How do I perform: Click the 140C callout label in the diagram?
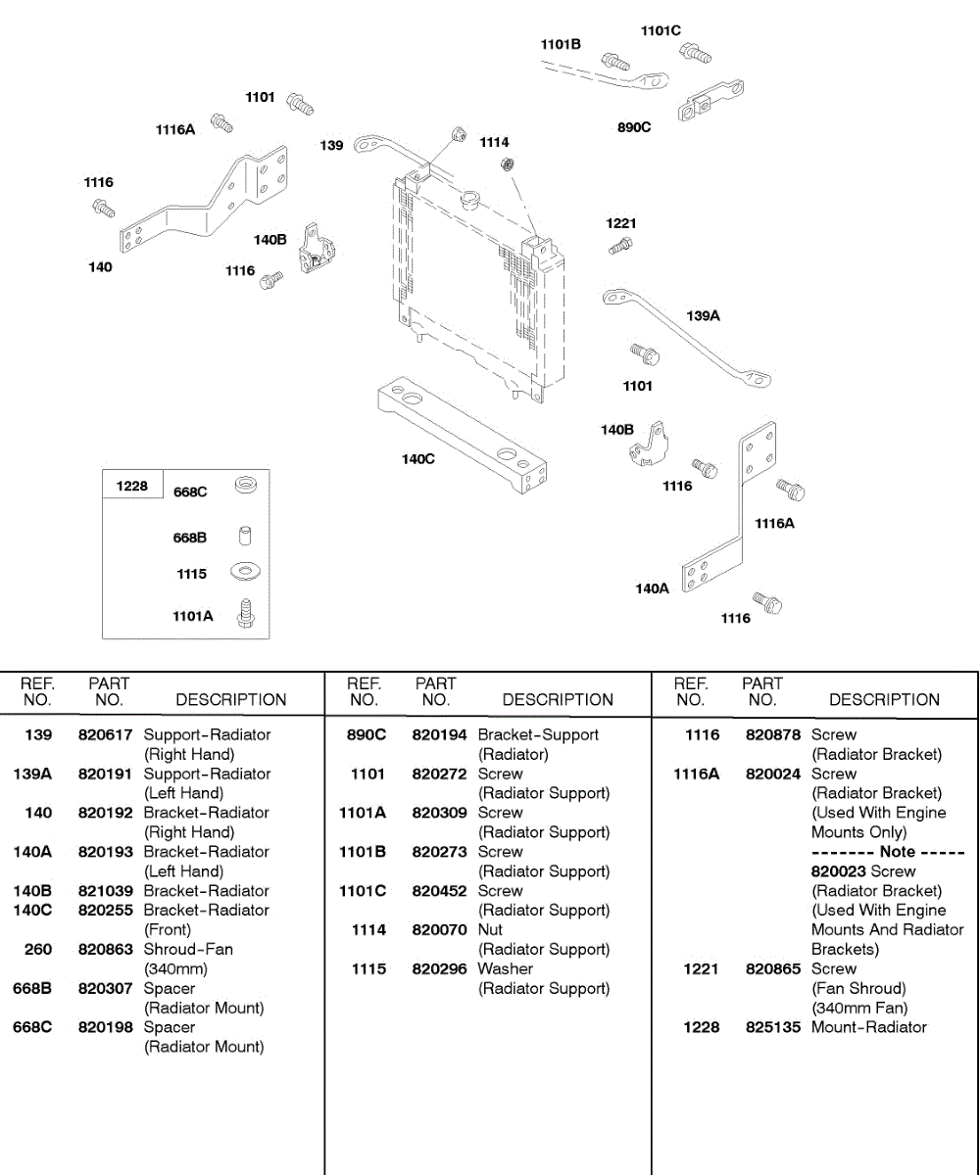coord(417,459)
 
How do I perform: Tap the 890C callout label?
coord(634,127)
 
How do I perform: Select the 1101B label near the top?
coord(561,44)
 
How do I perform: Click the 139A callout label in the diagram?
coord(703,315)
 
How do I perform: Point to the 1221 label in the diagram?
coord(620,223)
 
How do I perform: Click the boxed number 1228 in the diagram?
coord(132,486)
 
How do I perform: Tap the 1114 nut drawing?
coord(508,164)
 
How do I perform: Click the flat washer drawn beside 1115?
coord(244,571)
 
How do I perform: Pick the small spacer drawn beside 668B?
coord(245,536)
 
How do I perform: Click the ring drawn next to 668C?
coord(245,486)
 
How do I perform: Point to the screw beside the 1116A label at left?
coord(222,122)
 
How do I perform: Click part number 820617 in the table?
coord(106,734)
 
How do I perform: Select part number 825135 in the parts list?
coord(773,1027)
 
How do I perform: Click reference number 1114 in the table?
coord(368,929)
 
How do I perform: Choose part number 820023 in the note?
coord(838,871)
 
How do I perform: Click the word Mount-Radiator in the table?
coord(868,1027)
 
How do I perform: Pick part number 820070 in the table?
coord(439,929)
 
